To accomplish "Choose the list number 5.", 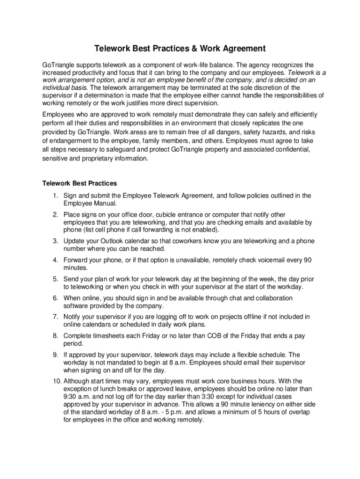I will click(x=55, y=279).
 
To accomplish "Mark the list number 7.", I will click(x=55, y=317).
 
